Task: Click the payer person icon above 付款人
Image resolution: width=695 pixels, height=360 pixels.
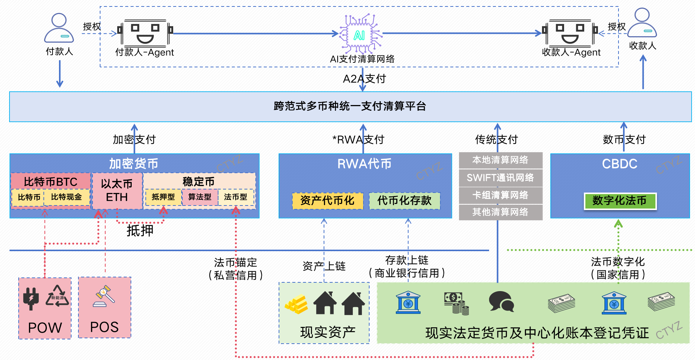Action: (x=59, y=28)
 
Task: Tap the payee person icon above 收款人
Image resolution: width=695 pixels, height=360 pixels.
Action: (x=642, y=23)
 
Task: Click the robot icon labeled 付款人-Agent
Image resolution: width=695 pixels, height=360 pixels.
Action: (x=145, y=33)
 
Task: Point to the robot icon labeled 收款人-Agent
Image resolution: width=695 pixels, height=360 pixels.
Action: (x=570, y=33)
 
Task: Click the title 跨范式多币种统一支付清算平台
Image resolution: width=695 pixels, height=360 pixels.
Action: (x=350, y=106)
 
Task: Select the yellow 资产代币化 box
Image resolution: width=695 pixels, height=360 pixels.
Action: (x=327, y=201)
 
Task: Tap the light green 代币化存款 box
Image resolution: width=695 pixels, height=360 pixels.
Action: (x=404, y=201)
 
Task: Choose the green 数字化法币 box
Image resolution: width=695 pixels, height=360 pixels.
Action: (x=620, y=201)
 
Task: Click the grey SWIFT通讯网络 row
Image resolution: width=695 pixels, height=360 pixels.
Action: (x=500, y=178)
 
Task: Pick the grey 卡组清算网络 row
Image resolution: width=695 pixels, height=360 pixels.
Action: (x=500, y=195)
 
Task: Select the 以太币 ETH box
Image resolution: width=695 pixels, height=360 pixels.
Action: (x=117, y=191)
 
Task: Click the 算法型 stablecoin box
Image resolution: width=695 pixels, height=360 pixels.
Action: (x=199, y=197)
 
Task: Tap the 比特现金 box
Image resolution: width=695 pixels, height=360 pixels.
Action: (x=67, y=197)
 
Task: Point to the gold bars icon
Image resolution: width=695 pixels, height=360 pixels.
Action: (x=297, y=304)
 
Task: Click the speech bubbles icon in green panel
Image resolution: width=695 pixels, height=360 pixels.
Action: (x=501, y=302)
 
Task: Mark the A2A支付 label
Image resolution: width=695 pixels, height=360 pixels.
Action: (x=364, y=79)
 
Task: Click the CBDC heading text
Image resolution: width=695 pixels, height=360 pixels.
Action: (x=619, y=164)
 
